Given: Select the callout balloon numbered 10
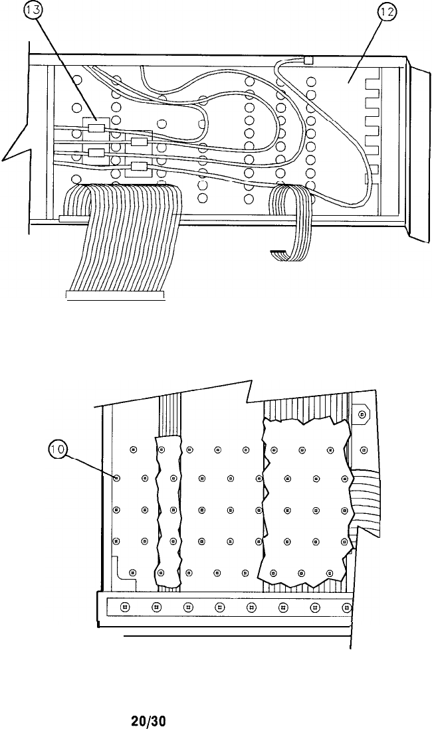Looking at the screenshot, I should [x=58, y=451].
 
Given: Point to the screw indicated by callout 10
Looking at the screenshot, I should [x=117, y=478].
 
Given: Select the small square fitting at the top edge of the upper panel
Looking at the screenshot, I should [x=308, y=60].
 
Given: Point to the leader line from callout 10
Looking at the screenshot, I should [x=90, y=465].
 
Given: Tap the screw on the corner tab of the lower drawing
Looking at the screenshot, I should [x=362, y=415].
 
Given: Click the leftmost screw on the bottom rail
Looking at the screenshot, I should [x=124, y=607].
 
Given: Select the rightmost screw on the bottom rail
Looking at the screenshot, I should [x=346, y=607].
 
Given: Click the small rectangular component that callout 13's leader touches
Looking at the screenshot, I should [x=97, y=129].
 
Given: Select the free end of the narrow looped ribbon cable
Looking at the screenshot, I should [x=279, y=254].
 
